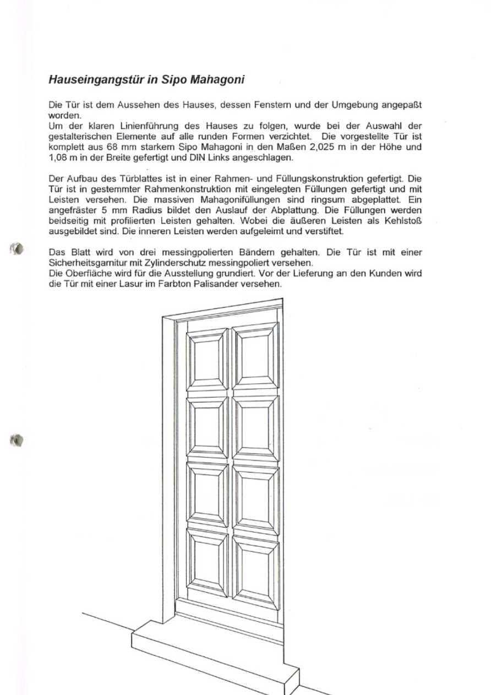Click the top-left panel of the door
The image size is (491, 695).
(208, 358)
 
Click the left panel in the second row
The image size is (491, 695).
(208, 426)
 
